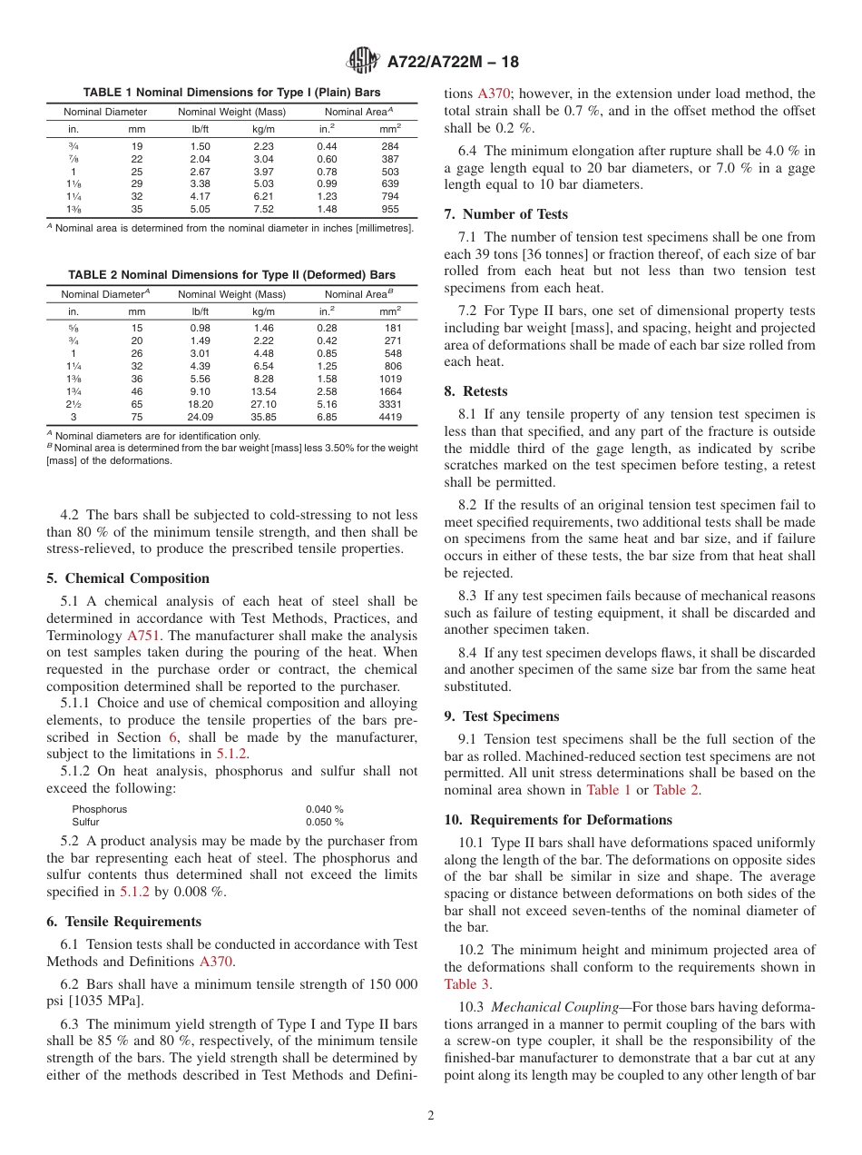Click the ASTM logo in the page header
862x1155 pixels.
tap(363, 62)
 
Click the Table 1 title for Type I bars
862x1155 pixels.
tap(231, 93)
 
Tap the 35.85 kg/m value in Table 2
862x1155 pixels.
tap(264, 418)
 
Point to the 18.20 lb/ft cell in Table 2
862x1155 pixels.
tap(201, 405)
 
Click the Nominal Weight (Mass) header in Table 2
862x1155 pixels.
tap(231, 294)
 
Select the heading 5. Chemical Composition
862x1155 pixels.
tap(127, 578)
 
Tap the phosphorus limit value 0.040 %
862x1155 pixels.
tap(324, 809)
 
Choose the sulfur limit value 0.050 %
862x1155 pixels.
tap(324, 822)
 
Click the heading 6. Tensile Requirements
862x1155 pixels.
tap(123, 922)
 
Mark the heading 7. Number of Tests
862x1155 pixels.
tap(506, 214)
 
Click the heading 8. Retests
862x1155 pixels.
tap(476, 391)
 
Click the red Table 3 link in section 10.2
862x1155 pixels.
tap(466, 983)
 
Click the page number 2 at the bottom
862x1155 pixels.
tap(431, 1116)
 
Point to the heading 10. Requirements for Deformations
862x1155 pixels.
tap(558, 819)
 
